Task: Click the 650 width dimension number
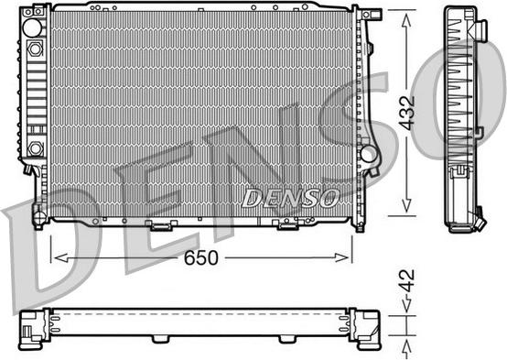(x=201, y=257)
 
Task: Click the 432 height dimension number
(x=406, y=113)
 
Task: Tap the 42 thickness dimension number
(x=406, y=280)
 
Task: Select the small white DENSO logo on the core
(x=290, y=198)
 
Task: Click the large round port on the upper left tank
(x=32, y=27)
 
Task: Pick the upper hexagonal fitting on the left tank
(x=35, y=49)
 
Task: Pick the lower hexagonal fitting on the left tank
(x=35, y=148)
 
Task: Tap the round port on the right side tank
(x=369, y=154)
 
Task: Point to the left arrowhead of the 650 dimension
(x=60, y=257)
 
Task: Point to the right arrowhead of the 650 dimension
(x=342, y=257)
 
